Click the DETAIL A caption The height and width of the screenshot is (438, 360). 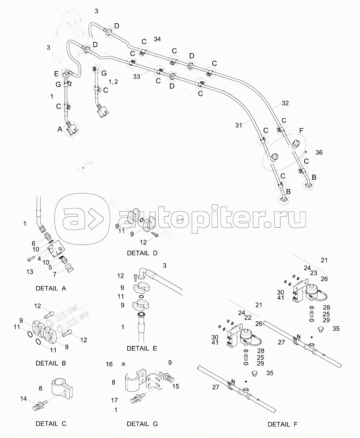[x=51, y=288]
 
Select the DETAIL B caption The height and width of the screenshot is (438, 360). [x=51, y=363]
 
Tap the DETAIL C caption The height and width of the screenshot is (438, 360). [x=51, y=424]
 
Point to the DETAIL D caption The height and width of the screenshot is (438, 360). [x=142, y=253]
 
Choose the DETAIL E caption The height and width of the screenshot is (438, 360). [x=142, y=348]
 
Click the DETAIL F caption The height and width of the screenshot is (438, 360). [x=282, y=424]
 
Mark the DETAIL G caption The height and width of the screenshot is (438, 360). [x=142, y=424]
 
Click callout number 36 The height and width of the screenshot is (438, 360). [x=319, y=153]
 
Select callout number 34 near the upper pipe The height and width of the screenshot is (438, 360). [x=157, y=39]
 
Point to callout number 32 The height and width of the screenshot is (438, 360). [x=285, y=103]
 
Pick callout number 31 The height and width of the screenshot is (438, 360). [x=239, y=125]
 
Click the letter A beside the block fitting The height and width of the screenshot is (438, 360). [x=60, y=129]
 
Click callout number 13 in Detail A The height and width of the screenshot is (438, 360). [x=30, y=272]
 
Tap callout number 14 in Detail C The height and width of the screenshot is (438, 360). [x=24, y=399]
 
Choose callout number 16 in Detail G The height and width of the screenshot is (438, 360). [x=109, y=364]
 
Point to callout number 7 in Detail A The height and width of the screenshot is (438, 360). [x=55, y=274]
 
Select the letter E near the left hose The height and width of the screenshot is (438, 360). [x=56, y=74]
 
